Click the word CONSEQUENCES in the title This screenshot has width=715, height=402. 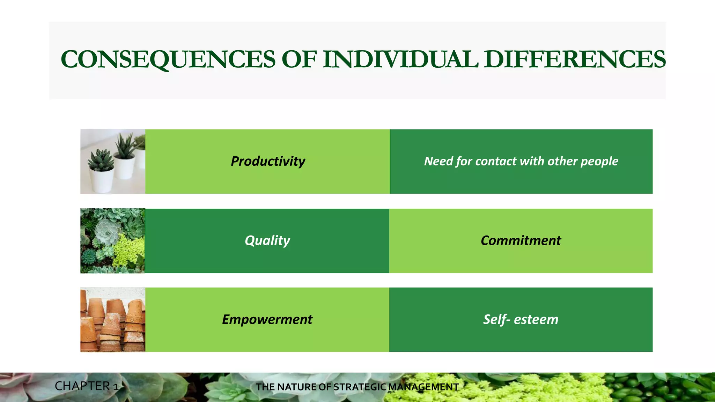tap(168, 59)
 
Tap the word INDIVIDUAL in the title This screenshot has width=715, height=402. tap(400, 59)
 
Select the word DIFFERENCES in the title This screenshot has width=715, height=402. tap(575, 59)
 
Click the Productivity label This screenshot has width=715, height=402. tap(268, 162)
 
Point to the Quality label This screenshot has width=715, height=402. tap(267, 241)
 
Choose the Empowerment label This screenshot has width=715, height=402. tap(267, 320)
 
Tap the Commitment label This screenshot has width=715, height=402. tap(521, 241)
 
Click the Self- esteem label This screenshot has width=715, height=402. tap(521, 320)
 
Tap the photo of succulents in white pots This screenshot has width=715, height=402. tap(113, 162)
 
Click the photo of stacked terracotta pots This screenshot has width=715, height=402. tap(113, 320)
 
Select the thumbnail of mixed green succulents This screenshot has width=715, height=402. tap(113, 241)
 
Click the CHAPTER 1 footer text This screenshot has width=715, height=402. tap(87, 386)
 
